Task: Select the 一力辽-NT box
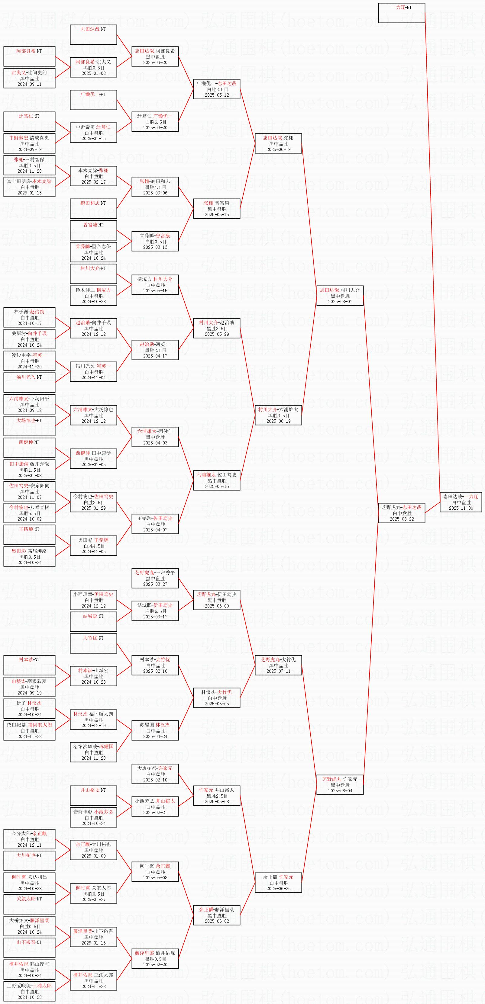click(402, 13)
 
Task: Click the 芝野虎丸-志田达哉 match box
click(402, 513)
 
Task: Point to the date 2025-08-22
click(402, 519)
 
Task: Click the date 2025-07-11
click(278, 671)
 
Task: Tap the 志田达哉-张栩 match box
click(278, 143)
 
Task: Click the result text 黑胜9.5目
click(30, 557)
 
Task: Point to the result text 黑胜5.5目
click(30, 513)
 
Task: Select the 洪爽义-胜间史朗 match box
click(29, 78)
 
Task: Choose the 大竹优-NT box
click(93, 643)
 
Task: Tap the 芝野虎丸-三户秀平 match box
click(155, 578)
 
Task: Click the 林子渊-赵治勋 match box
click(29, 318)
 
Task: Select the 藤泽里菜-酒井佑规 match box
click(155, 959)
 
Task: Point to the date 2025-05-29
click(217, 334)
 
